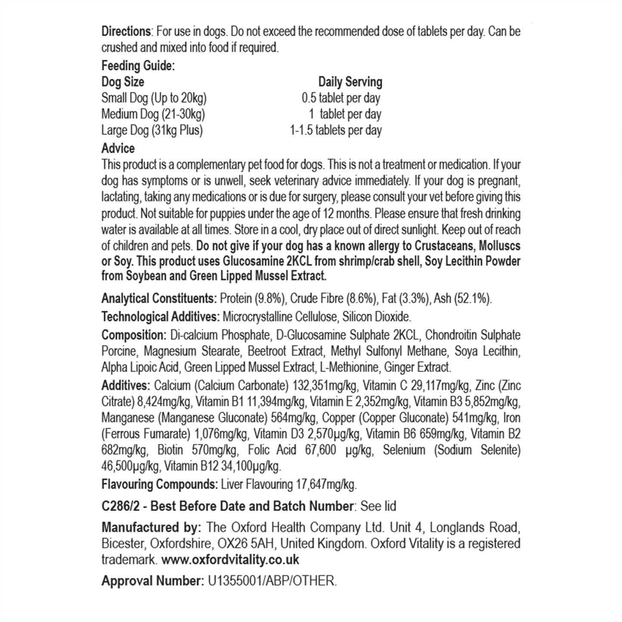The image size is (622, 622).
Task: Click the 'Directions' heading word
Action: [x=126, y=31]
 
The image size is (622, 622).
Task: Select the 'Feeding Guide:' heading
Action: [x=138, y=66]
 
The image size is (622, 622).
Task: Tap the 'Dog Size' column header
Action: [x=123, y=82]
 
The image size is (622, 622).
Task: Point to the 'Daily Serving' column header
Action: [x=350, y=82]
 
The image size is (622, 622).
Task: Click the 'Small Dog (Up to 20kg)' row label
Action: [x=154, y=98]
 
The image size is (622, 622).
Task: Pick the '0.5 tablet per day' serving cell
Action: [x=341, y=98]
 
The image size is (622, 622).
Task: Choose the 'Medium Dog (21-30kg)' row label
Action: [x=153, y=114]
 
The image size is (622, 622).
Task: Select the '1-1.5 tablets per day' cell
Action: [x=336, y=130]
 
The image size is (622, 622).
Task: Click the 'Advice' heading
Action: [x=118, y=149]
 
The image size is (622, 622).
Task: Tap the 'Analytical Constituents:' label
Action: [x=159, y=298]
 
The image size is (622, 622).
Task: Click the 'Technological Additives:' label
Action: [x=161, y=317]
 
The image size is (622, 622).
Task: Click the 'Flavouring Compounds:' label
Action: [x=159, y=484]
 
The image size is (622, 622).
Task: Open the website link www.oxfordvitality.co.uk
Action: [x=231, y=560]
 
